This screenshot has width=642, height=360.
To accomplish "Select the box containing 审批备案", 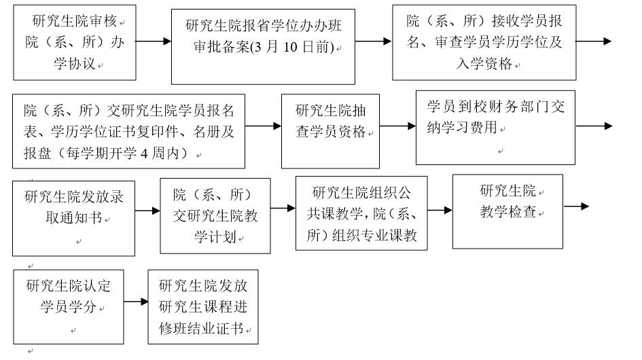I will pyautogui.click(x=262, y=46).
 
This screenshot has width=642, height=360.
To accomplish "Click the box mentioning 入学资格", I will pyautogui.click(x=484, y=42).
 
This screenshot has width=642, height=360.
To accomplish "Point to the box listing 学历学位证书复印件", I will pyautogui.click(x=128, y=130).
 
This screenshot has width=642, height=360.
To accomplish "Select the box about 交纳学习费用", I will pyautogui.click(x=495, y=127).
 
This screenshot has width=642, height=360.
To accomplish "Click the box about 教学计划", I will pyautogui.click(x=215, y=215).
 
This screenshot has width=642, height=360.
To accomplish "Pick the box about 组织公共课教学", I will pyautogui.click(x=361, y=213).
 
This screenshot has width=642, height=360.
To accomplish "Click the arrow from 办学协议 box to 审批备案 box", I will pyautogui.click(x=154, y=41).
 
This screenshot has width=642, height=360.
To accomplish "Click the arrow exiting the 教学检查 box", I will pyautogui.click(x=575, y=206).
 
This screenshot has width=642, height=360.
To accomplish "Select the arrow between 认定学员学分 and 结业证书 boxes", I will pyautogui.click(x=135, y=302).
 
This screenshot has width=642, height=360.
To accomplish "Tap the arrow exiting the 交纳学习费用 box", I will pyautogui.click(x=593, y=126).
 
